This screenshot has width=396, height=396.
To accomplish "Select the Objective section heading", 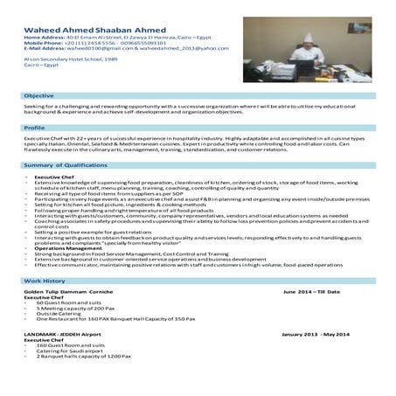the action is (38, 94).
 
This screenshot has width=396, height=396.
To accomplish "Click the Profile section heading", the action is (35, 128).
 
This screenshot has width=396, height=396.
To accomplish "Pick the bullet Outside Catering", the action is (58, 314).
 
